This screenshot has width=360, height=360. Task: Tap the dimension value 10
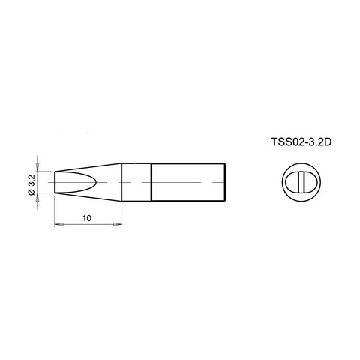(x=88, y=217)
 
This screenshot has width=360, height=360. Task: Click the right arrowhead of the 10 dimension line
(x=118, y=225)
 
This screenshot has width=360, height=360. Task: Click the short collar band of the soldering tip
(x=136, y=182)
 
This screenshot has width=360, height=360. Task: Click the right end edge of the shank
(x=226, y=182)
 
